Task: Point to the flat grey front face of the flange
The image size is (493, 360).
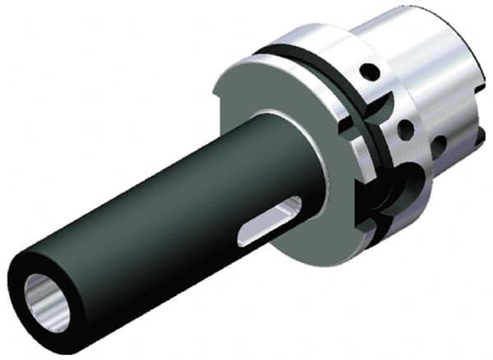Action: click(279, 107)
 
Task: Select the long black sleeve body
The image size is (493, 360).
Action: click(164, 214)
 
